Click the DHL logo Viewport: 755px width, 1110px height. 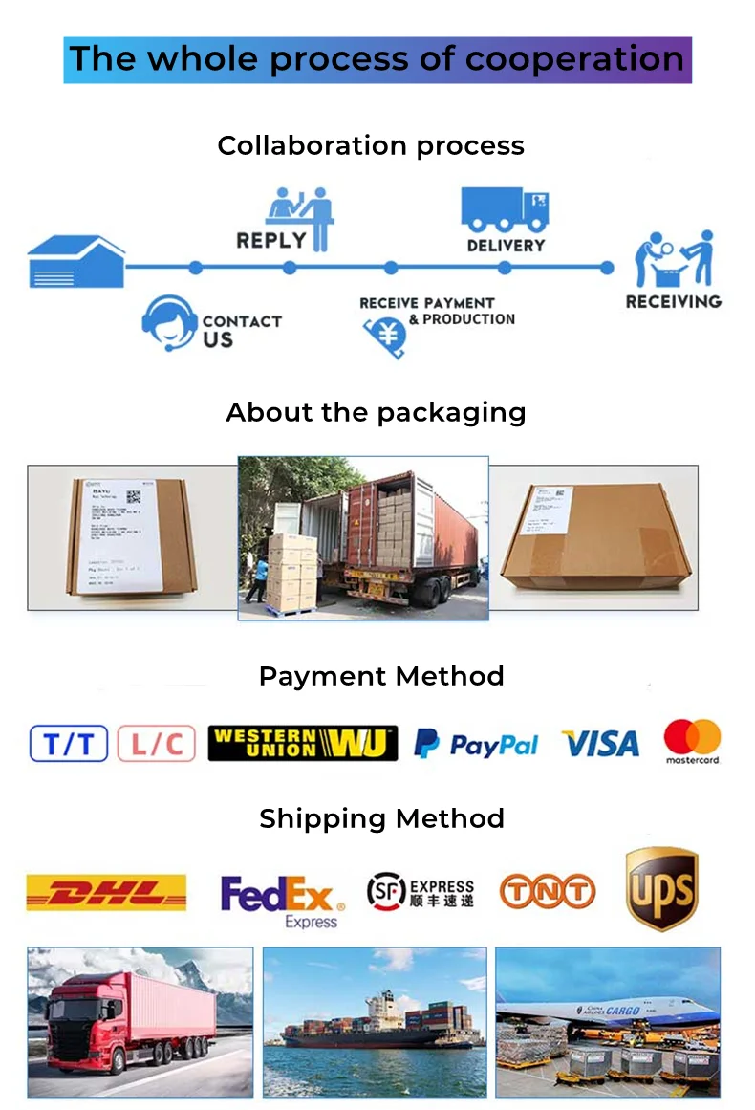pos(106,892)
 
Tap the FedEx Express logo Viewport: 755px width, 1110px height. pos(281,901)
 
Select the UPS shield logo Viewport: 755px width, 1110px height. pos(662,888)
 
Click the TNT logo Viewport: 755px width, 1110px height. pos(548,892)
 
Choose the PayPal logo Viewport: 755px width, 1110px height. pos(476,744)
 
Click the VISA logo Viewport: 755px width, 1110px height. pos(600,744)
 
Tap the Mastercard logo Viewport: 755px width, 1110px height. pos(693,742)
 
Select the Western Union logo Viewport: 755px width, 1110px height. pos(302,743)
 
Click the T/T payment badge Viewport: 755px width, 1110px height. pos(68,744)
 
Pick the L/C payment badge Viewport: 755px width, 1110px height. pos(156,744)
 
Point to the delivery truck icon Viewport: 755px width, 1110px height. pos(505,209)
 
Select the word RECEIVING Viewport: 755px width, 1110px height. pos(673,302)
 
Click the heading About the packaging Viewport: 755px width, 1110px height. pos(376,412)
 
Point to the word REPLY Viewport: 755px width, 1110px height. pos(271,240)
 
